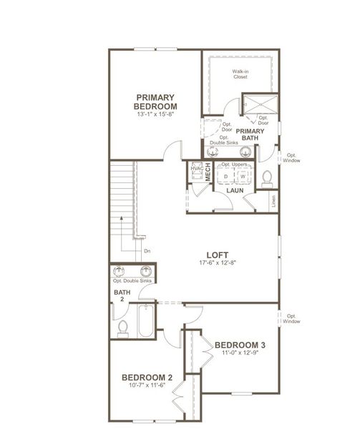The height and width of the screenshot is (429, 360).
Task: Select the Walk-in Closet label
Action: pos(239,74)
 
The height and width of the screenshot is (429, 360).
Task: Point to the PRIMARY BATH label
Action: pos(250,135)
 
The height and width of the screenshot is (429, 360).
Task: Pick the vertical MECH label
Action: pos(208,172)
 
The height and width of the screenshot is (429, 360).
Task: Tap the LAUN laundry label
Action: pos(235,191)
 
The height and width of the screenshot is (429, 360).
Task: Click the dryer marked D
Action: pos(225,176)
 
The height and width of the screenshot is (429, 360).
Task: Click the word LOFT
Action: pos(217,254)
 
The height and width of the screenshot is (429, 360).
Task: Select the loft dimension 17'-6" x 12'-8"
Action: pos(217,263)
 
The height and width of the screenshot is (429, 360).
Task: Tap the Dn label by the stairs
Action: pos(147,251)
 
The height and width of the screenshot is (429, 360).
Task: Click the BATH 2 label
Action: pos(122,296)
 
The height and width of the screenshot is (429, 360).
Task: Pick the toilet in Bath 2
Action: pos(122,327)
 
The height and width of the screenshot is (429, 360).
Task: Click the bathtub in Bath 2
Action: pos(146,320)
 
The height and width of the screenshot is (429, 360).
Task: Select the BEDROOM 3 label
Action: pos(240,345)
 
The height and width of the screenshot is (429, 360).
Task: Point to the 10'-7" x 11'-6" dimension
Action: pos(146,386)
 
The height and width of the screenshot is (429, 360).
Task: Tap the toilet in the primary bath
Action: pos(267,177)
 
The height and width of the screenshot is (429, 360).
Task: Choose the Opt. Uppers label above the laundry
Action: pos(234,164)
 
